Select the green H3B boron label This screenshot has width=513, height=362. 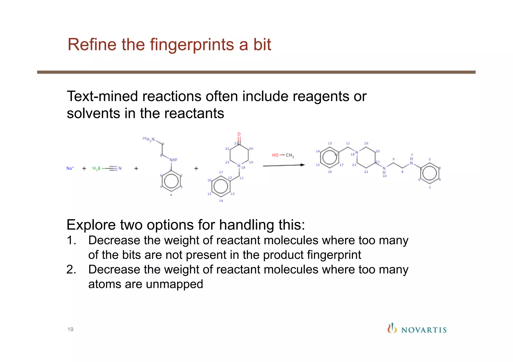(x=96, y=168)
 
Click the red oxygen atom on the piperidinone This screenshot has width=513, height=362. (x=239, y=134)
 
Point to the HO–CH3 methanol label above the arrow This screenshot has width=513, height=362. (x=283, y=155)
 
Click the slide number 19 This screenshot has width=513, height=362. (x=70, y=329)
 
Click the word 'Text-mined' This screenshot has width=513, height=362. (x=102, y=96)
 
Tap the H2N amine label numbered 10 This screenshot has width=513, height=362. (x=150, y=139)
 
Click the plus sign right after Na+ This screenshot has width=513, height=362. (x=84, y=168)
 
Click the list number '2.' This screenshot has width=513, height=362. (x=71, y=270)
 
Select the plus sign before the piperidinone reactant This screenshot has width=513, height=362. (x=196, y=168)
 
